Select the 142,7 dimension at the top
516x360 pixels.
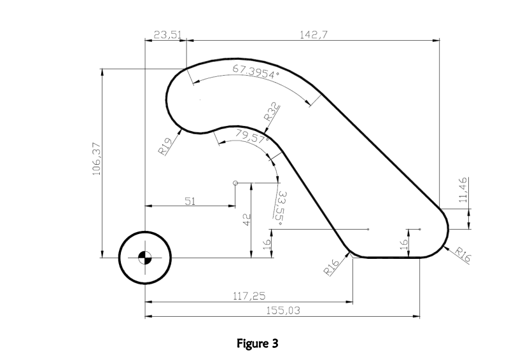click(x=313, y=35)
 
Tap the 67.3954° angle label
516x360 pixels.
click(x=256, y=73)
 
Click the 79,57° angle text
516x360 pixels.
click(x=252, y=135)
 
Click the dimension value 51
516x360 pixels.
click(x=190, y=201)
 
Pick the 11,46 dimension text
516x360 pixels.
click(x=463, y=190)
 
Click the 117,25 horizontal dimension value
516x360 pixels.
click(x=249, y=295)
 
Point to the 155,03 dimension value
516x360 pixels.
click(x=282, y=310)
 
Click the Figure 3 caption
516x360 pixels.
click(x=257, y=343)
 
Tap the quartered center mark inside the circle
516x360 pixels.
click(x=145, y=258)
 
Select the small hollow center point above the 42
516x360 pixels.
click(x=236, y=183)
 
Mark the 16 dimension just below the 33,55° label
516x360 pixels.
click(x=267, y=242)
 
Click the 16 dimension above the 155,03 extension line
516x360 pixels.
click(x=402, y=243)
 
